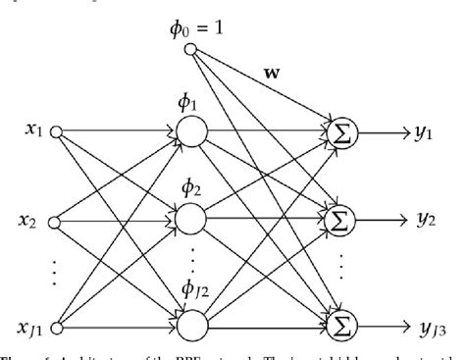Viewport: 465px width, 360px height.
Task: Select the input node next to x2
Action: (56, 223)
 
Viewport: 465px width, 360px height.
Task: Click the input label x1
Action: (30, 130)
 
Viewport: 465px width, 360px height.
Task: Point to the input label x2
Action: (30, 223)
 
